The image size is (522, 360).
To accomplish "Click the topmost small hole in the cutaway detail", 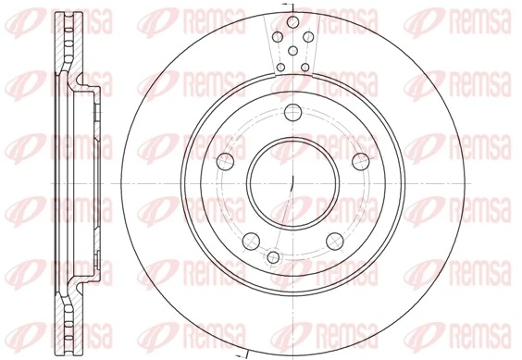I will point(292,21).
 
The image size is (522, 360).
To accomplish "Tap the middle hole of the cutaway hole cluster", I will point(292,51).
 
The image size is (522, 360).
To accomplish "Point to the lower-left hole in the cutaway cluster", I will point(280,67).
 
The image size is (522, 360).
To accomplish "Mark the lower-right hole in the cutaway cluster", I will point(304,67).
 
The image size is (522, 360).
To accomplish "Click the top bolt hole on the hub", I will point(292,113).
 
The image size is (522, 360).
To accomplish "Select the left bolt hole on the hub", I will point(223,163).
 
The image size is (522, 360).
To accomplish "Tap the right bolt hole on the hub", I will point(361,163).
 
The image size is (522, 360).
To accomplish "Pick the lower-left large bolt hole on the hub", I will point(250,243).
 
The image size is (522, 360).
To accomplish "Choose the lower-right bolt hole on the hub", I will point(335,243).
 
